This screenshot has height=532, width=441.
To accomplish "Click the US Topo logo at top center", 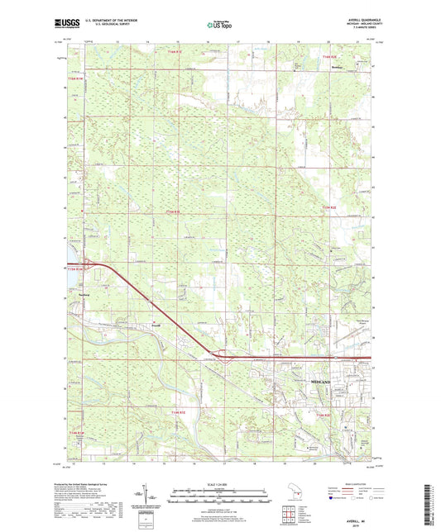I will [x=217, y=26].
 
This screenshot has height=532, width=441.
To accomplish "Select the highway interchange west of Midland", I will [x=220, y=356].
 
